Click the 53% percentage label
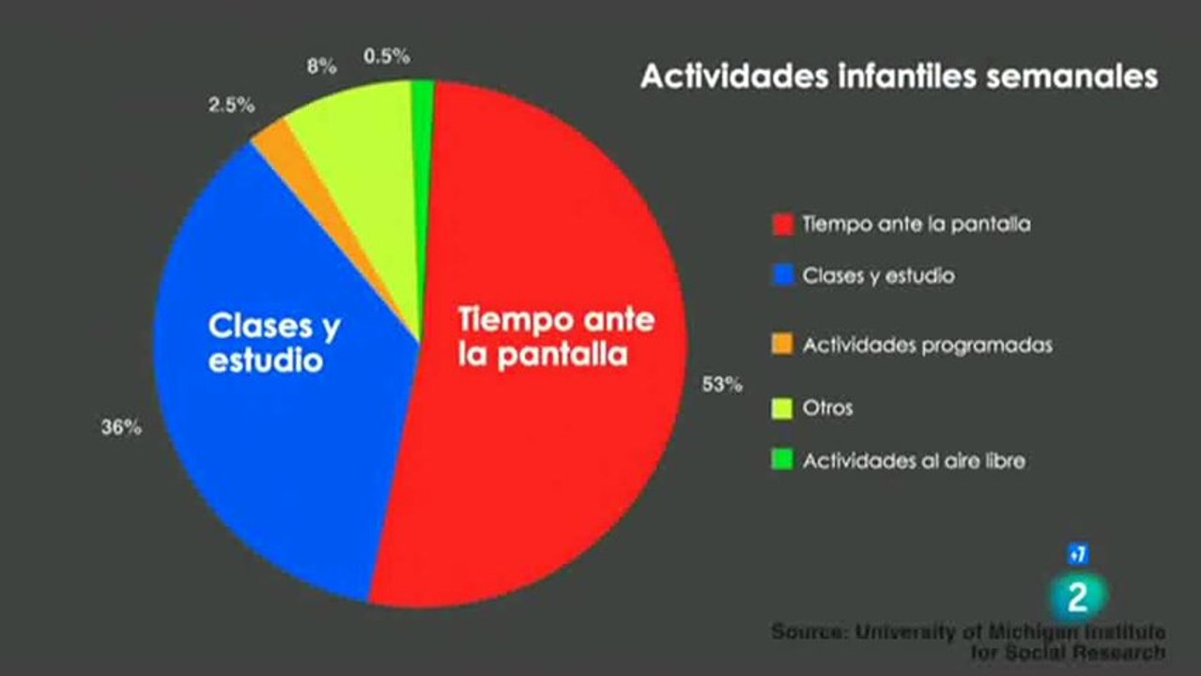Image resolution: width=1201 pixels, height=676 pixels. (x=722, y=384)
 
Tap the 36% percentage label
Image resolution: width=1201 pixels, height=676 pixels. (x=122, y=427)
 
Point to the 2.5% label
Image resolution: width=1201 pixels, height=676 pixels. (x=232, y=105)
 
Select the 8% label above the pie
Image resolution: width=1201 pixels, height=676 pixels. (x=322, y=67)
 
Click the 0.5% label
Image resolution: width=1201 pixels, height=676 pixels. (x=387, y=55)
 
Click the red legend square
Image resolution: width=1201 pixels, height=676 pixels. (x=783, y=224)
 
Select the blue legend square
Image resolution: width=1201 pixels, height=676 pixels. (x=783, y=275)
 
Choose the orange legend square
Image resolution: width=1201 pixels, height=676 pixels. (x=782, y=345)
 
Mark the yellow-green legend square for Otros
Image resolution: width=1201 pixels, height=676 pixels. (x=782, y=408)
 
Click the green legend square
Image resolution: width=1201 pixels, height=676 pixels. (x=782, y=460)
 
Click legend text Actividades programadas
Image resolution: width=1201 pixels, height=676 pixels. (x=928, y=346)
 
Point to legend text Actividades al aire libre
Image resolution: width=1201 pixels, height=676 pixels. (x=915, y=461)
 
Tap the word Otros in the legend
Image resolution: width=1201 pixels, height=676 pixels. (x=827, y=408)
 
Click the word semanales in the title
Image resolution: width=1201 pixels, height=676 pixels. (x=1071, y=76)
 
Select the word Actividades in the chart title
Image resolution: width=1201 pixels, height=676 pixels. (x=734, y=76)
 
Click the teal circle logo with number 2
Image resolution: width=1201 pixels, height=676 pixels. (x=1078, y=596)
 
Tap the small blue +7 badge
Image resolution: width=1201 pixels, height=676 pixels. (x=1078, y=555)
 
